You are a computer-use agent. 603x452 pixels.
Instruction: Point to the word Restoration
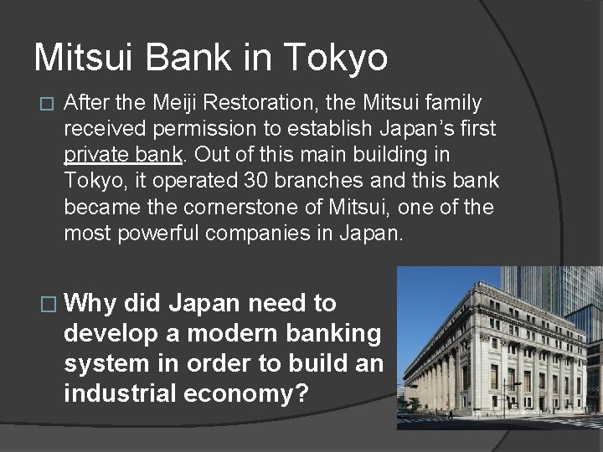(x=255, y=103)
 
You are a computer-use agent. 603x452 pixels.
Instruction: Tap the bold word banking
(x=328, y=333)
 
